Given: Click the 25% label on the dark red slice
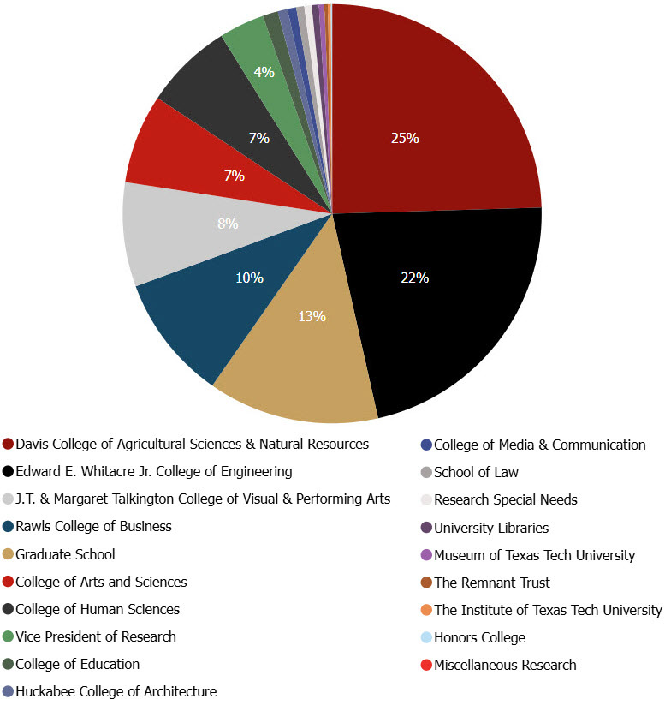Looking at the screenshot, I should click(405, 138).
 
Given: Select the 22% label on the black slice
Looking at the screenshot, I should click(415, 278).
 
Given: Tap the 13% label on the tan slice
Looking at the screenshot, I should click(312, 316).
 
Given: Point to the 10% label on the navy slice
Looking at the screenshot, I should click(250, 278).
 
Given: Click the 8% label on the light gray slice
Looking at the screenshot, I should click(228, 224).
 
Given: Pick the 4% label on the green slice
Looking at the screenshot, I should click(264, 73).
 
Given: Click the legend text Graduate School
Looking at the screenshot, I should click(65, 554).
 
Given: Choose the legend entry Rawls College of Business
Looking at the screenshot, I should click(93, 527).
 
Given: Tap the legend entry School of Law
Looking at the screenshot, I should click(476, 472).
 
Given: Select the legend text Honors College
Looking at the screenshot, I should click(479, 637).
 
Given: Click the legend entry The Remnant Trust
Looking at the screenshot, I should click(492, 583).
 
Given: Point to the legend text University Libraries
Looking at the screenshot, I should click(491, 528).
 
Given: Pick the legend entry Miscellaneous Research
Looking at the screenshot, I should click(505, 665).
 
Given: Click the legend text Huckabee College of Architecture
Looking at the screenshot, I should click(116, 692).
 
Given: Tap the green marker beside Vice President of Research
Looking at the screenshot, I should click(8, 637).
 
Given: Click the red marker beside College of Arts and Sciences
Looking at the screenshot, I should click(8, 583).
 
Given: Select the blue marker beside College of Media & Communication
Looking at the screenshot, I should click(426, 445).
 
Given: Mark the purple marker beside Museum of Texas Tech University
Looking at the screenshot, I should click(426, 555).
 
